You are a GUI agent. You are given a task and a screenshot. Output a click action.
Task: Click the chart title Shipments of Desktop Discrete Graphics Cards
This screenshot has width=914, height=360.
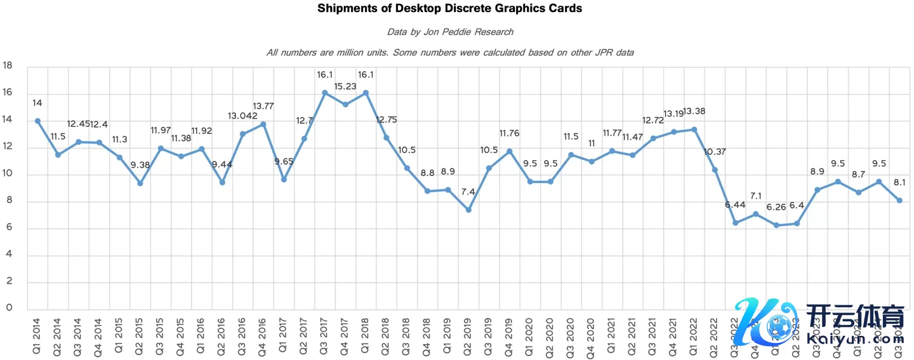[x=449, y=9]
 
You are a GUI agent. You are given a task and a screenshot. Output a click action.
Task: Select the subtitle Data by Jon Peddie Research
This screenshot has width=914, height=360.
[x=450, y=32]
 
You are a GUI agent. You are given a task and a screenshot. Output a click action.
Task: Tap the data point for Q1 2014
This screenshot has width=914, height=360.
[x=37, y=121]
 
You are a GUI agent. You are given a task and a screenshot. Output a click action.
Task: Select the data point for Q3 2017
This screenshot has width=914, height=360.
[x=324, y=93]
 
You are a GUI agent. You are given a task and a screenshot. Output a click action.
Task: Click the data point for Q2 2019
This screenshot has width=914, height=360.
[x=468, y=210]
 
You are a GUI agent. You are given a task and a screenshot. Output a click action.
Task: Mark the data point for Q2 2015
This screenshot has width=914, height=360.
[x=140, y=183]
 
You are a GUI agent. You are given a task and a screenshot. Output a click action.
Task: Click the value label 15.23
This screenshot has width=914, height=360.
[x=345, y=85]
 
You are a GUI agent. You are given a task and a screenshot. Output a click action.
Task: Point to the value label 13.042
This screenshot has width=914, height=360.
[x=242, y=116]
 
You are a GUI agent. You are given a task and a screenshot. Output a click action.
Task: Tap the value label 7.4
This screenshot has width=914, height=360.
[x=468, y=192]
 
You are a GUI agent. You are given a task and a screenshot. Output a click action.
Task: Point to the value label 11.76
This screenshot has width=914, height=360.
[x=509, y=133]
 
